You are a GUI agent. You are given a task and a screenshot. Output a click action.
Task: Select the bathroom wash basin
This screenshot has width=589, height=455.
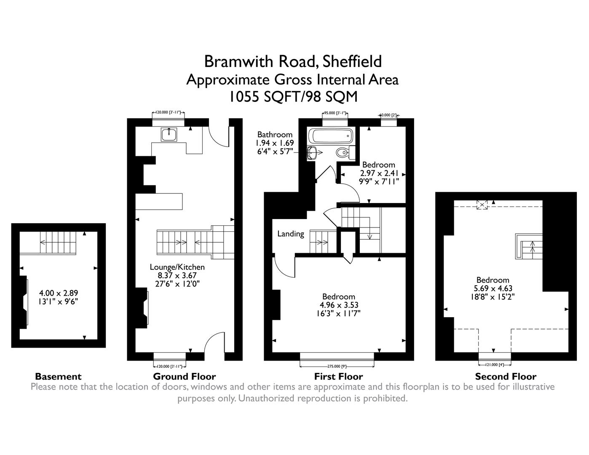(312, 153)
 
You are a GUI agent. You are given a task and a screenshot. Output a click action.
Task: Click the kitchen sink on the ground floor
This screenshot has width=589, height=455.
(169, 134)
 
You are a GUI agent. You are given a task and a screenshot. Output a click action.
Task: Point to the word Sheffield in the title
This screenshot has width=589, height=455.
(352, 62)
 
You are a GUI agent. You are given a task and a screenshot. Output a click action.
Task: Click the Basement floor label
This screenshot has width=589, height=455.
(58, 377)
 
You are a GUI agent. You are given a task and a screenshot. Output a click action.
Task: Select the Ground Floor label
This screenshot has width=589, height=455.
(184, 377)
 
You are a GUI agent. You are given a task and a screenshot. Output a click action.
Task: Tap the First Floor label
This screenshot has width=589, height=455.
(338, 377)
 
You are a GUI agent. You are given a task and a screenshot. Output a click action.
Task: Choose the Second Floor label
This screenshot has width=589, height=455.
(506, 377)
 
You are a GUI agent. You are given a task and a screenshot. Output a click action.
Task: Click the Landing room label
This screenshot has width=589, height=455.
(291, 234)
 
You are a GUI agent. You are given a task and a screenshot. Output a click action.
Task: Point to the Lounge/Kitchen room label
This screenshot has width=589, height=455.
(177, 267)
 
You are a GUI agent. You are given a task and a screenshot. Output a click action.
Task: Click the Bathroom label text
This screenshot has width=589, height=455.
(275, 135)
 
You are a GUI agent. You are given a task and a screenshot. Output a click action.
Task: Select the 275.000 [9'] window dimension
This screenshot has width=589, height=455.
(337, 367)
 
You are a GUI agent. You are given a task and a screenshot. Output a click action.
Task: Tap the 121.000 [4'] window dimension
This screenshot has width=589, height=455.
(495, 364)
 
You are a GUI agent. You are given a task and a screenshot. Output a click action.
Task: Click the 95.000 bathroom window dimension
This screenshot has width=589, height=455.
(335, 113)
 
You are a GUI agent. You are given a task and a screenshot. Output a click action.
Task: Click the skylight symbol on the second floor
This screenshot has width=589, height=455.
(482, 205)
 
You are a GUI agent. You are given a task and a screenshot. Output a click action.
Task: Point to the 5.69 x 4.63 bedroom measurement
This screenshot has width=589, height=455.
(493, 289)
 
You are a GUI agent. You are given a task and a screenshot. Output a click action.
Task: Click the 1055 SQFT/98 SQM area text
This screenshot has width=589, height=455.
(293, 97)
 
